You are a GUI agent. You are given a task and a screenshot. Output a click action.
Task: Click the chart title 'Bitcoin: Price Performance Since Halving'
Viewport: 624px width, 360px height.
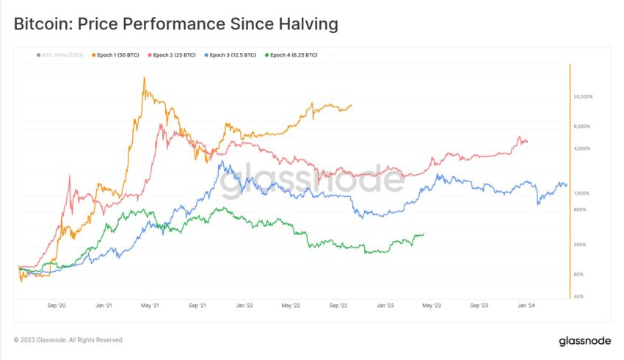point(176,24)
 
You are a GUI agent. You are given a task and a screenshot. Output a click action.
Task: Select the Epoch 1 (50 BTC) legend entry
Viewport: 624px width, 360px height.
point(117,55)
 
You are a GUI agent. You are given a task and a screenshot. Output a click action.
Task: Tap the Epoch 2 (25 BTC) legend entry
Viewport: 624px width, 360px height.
point(173,55)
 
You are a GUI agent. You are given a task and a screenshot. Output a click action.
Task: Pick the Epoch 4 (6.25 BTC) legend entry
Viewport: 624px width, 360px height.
point(293,55)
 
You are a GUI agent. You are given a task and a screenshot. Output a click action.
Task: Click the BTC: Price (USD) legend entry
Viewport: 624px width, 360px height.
point(61,55)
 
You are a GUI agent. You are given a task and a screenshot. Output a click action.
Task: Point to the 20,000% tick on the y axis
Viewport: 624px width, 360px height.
point(582,97)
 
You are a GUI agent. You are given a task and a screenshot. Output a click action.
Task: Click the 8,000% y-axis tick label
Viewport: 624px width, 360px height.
point(584,127)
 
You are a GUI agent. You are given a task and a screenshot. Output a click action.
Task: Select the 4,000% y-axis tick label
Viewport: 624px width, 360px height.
point(584,149)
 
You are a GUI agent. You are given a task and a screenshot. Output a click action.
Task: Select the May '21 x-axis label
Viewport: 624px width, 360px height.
point(150,305)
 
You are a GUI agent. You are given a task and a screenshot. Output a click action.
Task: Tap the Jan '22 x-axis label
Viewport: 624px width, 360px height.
point(244,305)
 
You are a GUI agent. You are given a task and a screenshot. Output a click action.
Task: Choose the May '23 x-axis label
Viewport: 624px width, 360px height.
point(432,305)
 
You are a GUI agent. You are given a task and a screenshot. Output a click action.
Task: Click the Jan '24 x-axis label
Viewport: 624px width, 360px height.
point(526,305)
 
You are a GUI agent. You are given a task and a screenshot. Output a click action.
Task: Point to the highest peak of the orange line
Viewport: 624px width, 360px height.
point(144,78)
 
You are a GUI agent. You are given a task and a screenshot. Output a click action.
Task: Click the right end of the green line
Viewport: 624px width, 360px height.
point(424,234)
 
